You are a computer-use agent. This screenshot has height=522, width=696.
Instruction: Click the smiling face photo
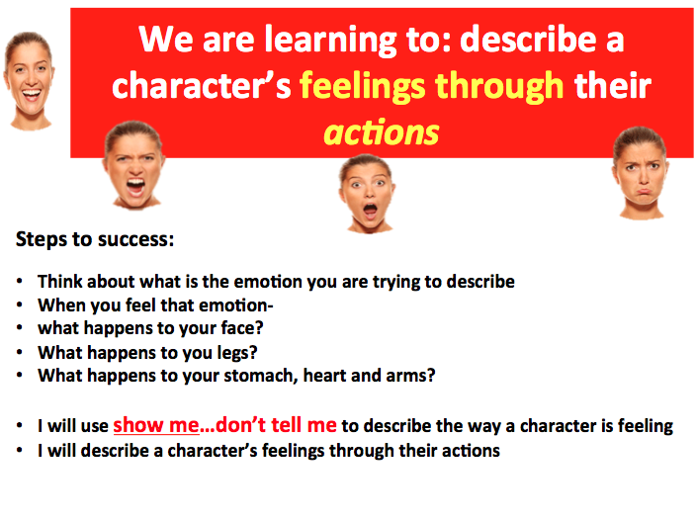tap(29, 81)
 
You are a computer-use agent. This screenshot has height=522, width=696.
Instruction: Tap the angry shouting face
tap(133, 165)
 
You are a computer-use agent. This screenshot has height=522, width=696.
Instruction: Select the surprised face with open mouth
tap(367, 194)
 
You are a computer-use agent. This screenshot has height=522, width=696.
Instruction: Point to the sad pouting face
tap(641, 173)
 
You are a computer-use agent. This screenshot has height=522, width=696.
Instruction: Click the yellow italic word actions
tap(382, 132)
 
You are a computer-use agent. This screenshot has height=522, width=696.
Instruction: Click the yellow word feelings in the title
tap(362, 87)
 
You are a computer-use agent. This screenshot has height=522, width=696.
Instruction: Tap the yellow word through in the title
tap(499, 86)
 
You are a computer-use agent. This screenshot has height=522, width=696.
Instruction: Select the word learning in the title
tap(330, 41)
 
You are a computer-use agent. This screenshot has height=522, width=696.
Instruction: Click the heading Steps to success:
tap(95, 240)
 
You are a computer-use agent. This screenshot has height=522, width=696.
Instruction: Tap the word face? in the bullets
tap(242, 329)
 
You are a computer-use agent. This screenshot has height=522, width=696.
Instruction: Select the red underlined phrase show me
tap(156, 425)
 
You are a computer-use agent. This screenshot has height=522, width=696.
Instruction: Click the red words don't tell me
tap(276, 425)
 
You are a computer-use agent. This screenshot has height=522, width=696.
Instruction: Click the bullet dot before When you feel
tap(19, 304)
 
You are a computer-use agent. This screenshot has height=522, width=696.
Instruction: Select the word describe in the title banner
tap(528, 40)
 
